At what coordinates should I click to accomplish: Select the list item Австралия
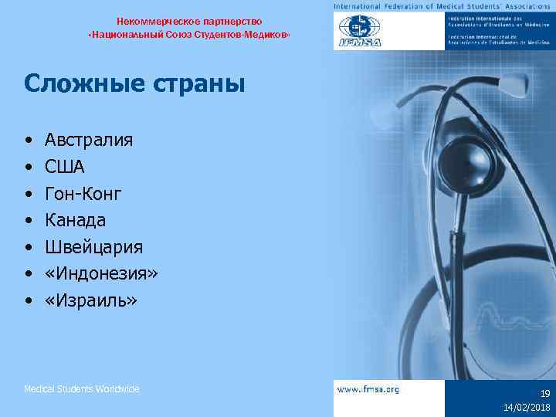tap(89, 141)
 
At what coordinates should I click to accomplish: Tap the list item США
tap(65, 167)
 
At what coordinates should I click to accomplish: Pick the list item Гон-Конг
tap(83, 194)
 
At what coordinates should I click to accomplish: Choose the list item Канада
tap(76, 220)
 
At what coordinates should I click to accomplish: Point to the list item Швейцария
tap(93, 247)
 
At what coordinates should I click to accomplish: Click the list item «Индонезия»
tap(101, 273)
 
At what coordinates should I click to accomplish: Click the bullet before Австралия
tap(28, 141)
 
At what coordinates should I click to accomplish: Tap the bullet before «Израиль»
tap(28, 300)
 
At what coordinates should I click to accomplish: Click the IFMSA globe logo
tap(360, 32)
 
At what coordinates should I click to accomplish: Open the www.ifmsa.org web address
tap(368, 390)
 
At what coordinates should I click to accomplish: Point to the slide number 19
tap(545, 393)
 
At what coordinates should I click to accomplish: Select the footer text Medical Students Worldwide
tap(82, 389)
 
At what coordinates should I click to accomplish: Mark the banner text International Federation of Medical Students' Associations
tap(443, 6)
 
